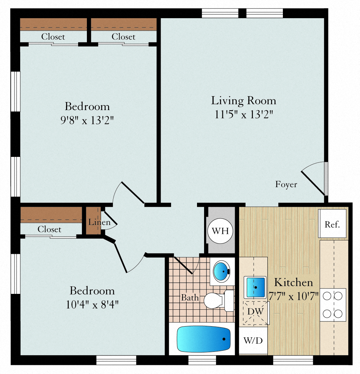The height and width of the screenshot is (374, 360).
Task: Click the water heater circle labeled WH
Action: pos(220,231)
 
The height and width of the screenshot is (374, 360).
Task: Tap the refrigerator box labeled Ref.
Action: pos(332,224)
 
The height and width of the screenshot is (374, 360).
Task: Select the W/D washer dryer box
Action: pos(253,340)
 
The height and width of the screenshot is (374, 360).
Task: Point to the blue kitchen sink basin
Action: pos(255,287)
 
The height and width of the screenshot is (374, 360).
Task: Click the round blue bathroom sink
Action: pos(222,271)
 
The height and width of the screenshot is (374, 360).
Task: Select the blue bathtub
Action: pos(203,339)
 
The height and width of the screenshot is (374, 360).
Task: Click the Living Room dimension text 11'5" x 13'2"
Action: pos(243,114)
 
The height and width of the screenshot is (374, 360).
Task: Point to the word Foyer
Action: pos(286,184)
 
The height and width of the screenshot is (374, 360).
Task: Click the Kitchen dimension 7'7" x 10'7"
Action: pos(293,296)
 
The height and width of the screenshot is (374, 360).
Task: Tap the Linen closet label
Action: pos(99,222)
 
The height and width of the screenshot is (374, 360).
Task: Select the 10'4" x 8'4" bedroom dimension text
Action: pos(92,305)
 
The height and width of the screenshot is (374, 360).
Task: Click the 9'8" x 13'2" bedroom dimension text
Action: pos(87,120)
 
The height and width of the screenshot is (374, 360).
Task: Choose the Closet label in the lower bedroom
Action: pos(50,229)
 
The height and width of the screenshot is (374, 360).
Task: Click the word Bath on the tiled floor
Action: pos(190,298)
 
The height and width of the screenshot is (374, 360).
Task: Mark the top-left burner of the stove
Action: pos(327,296)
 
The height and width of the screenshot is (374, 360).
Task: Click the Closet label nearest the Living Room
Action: pos(123,37)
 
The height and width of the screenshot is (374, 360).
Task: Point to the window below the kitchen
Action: pos(293,360)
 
